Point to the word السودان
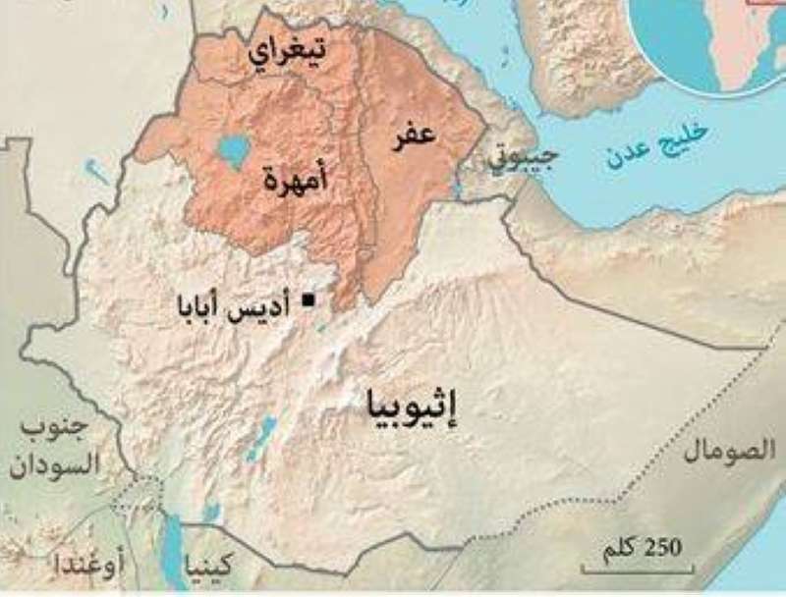tap(56, 464)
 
